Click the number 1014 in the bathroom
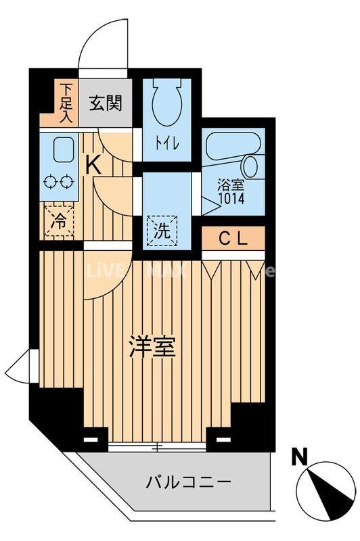(x=231, y=199)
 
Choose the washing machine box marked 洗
(x=162, y=229)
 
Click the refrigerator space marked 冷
(x=60, y=220)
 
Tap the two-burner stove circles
(x=58, y=181)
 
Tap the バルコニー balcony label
(x=188, y=482)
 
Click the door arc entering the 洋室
(x=98, y=274)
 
